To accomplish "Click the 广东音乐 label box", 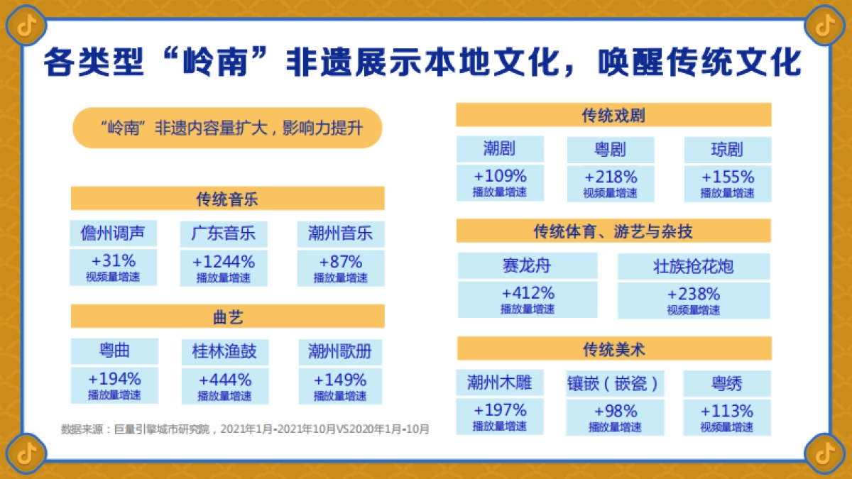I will [224, 233].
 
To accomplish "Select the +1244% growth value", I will [224, 261].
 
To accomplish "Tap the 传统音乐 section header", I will [227, 199].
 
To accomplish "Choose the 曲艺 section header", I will [227, 316].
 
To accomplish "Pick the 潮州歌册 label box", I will [340, 351].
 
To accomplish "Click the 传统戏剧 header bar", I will [613, 115].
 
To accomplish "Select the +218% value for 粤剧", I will [611, 177].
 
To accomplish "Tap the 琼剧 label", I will [727, 150].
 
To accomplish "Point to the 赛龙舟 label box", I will [527, 266].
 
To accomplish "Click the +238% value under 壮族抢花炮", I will [693, 294].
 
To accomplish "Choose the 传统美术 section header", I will [613, 348].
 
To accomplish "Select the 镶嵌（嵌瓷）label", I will [614, 384].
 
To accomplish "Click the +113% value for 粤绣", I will [726, 411].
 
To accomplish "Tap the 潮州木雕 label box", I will [499, 383].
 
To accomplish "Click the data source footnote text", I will [246, 429].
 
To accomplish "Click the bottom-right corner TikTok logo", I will [825, 452].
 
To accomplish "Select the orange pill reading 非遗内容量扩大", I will [227, 128].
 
